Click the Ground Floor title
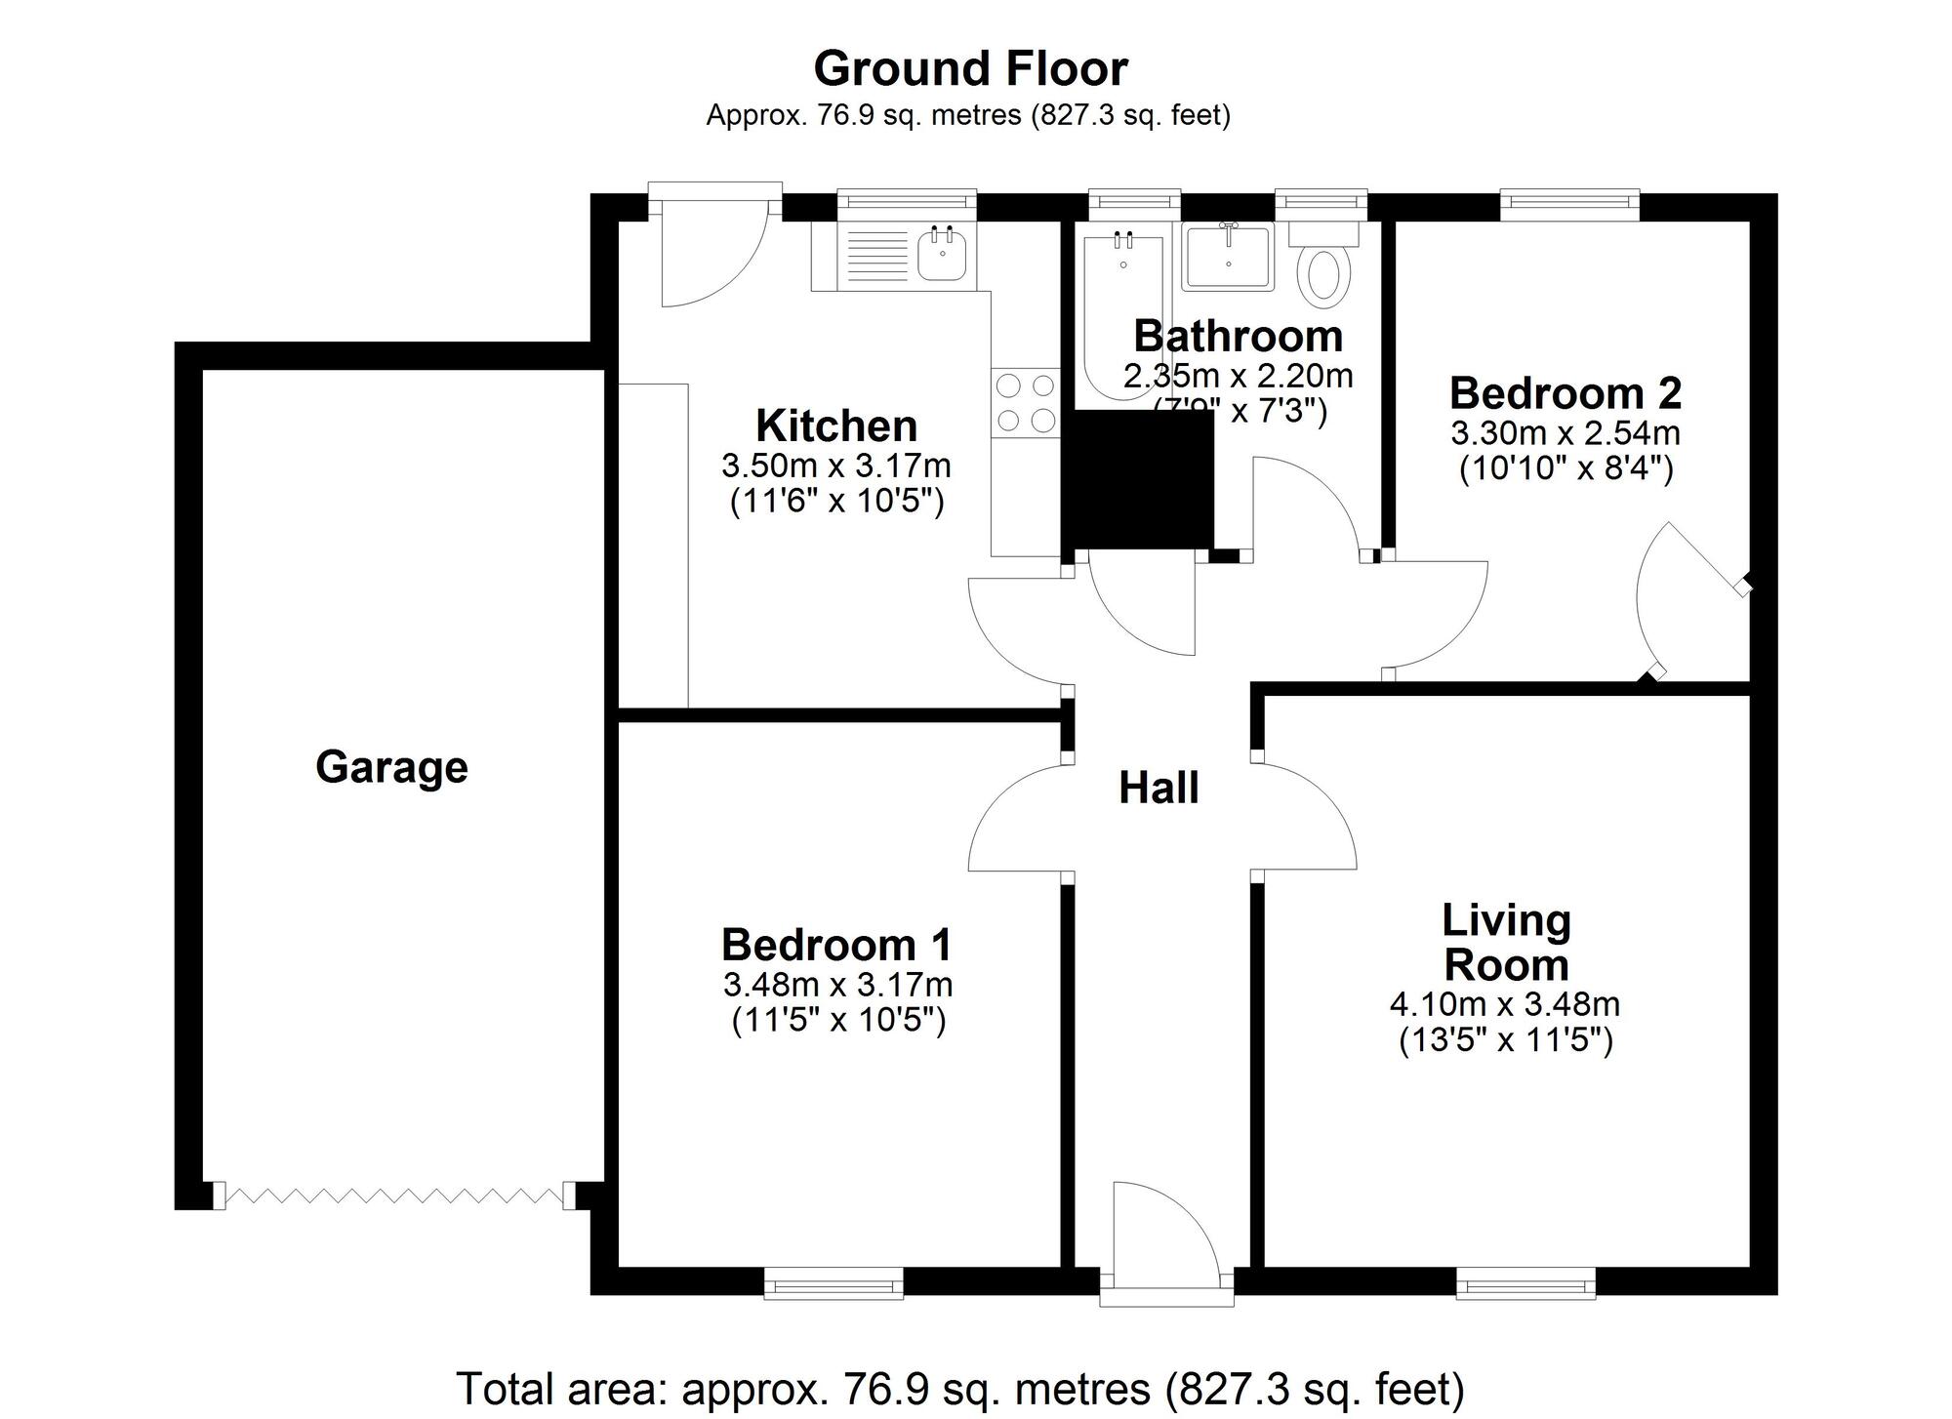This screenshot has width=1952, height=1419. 970,69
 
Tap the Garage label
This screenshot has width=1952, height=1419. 391,767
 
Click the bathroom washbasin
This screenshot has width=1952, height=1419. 1228,258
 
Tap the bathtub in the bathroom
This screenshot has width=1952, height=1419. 1122,312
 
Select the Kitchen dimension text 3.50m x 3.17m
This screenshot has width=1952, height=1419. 836,466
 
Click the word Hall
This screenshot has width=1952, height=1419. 1159,789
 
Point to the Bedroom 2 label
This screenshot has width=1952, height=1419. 1566,393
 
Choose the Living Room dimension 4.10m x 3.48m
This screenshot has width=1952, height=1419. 1505,1003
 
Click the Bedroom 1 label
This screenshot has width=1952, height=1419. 836,945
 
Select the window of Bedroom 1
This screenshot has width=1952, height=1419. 834,1283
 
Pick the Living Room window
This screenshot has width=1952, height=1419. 1526,1283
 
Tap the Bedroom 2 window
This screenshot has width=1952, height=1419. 1569,201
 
